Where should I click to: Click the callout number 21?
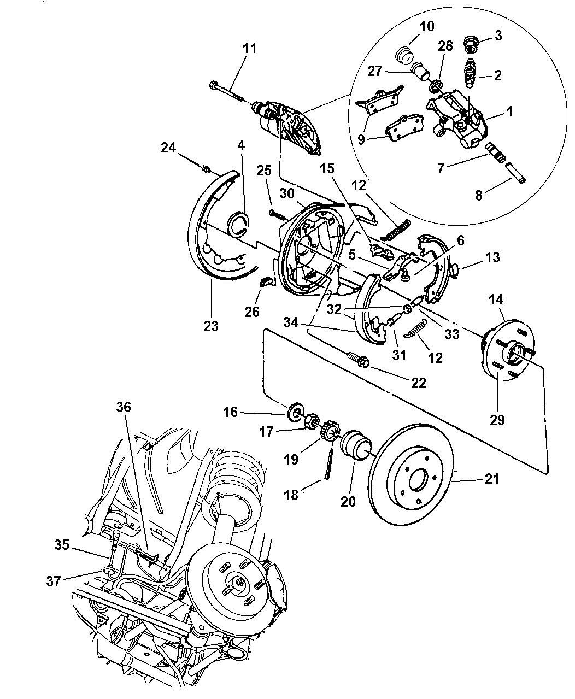(491, 479)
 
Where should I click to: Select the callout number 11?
(249, 48)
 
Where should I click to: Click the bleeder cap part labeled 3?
(469, 43)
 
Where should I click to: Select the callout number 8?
(479, 195)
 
